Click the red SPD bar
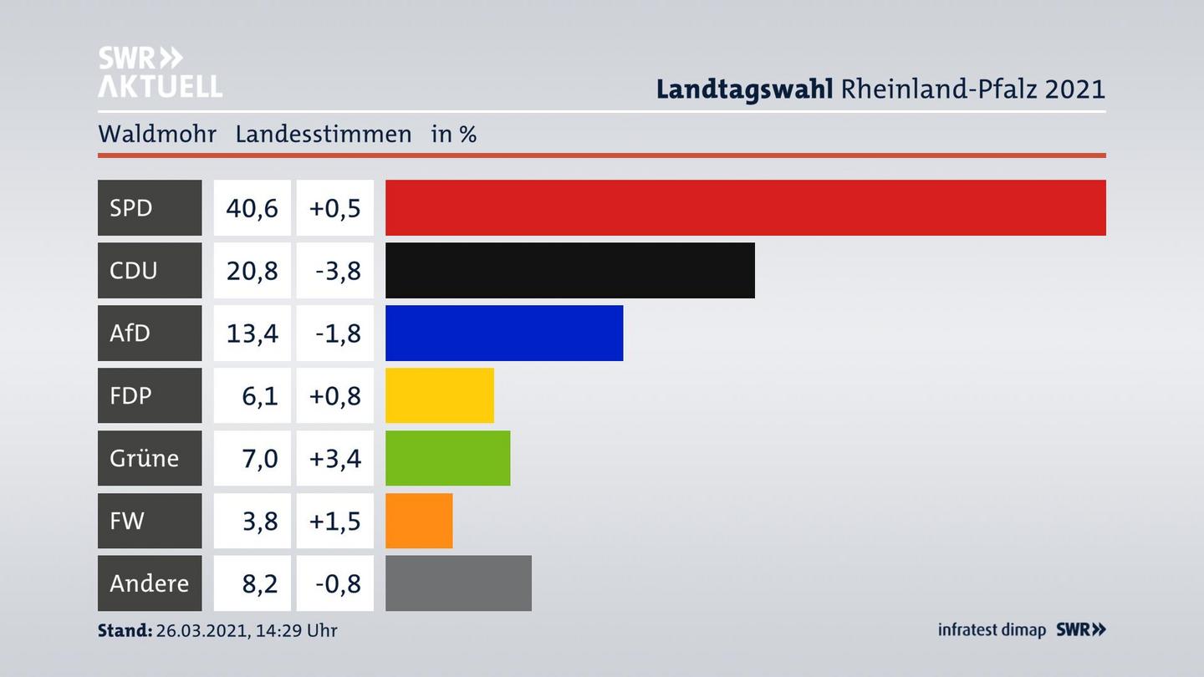coord(745,207)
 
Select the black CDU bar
coord(569,270)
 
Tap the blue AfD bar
coord(503,333)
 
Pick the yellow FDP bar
coord(439,395)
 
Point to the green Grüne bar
coord(447,458)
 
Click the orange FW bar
coord(418,521)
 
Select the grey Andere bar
coord(458,583)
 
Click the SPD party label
coord(132,207)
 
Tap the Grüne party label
coord(144,458)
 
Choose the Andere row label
coord(149,583)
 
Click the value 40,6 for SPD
coord(252,207)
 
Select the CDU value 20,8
coord(252,270)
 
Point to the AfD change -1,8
coord(338,333)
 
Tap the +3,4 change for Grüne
coord(334,458)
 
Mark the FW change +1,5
coord(334,521)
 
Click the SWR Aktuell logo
coord(160,72)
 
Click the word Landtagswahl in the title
coord(744,89)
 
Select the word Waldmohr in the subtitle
coord(157,134)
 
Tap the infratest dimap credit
coord(992,629)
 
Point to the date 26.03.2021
coord(200,630)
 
